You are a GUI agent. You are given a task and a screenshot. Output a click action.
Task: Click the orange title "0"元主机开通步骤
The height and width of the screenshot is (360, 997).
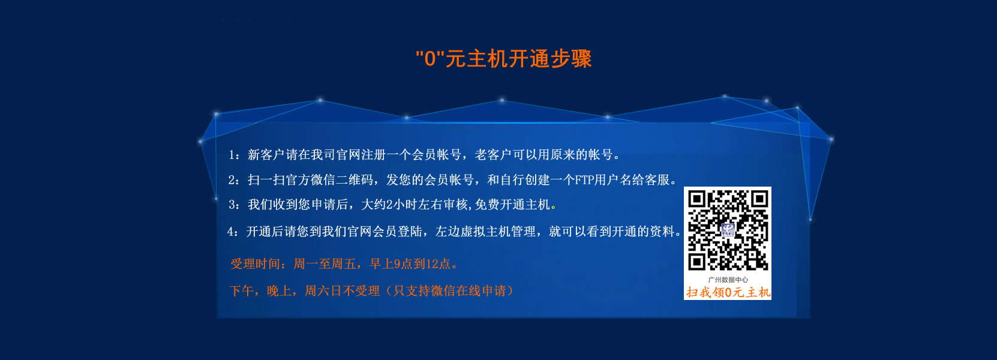click(x=504, y=58)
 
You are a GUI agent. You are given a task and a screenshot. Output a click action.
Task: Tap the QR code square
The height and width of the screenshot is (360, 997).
click(x=728, y=230)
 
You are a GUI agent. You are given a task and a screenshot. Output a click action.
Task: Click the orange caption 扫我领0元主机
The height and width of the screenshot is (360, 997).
click(x=728, y=292)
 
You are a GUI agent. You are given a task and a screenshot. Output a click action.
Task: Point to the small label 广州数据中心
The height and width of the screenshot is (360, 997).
click(x=728, y=280)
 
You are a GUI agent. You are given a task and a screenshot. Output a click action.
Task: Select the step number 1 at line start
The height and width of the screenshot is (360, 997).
click(x=232, y=155)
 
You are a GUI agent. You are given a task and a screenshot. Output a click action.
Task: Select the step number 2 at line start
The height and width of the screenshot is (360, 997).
click(x=232, y=180)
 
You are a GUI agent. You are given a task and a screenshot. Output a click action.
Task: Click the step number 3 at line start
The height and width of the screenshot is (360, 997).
click(x=232, y=205)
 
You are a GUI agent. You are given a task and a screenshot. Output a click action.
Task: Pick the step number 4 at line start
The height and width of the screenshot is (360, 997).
click(x=230, y=232)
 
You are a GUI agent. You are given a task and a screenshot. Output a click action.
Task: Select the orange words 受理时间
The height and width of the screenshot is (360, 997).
click(x=255, y=264)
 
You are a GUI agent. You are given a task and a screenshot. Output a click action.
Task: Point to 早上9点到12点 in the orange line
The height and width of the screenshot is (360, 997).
click(x=410, y=264)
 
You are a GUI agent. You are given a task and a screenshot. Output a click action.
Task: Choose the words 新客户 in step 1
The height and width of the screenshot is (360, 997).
click(x=266, y=155)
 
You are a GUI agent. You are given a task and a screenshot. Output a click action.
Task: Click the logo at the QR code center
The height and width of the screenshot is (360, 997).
click(x=728, y=230)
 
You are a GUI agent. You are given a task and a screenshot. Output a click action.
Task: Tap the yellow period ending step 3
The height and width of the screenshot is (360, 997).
click(x=553, y=208)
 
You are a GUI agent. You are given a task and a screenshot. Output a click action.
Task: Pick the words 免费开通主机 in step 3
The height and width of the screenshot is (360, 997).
click(x=512, y=205)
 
